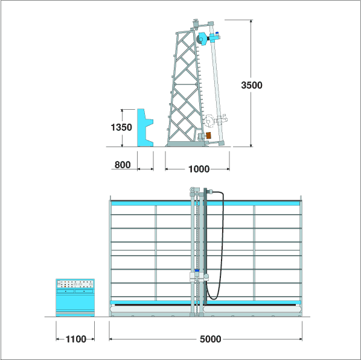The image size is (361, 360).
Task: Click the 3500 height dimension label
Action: (252, 85)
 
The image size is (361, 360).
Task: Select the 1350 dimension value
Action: (121, 127)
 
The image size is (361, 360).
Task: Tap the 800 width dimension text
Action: (123, 165)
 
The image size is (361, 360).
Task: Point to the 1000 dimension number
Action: (199, 169)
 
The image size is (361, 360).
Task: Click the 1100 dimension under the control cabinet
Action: (75, 339)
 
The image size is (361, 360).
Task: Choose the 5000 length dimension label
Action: (211, 339)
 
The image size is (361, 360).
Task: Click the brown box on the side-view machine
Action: (209, 135)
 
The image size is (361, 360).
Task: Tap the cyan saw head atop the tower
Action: (203, 39)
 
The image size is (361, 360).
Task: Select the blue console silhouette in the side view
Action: (145, 128)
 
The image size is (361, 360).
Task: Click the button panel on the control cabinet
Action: (75, 284)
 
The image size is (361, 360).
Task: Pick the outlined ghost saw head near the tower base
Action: (216, 121)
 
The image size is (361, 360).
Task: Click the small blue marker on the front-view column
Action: (197, 271)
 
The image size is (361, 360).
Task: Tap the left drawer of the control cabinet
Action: (66, 291)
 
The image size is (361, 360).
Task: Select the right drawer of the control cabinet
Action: (84, 291)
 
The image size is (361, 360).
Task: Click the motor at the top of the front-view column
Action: (194, 189)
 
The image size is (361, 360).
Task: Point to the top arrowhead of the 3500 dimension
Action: (251, 21)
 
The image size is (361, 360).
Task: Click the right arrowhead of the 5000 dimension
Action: (300, 339)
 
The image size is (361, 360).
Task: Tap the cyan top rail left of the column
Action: (152, 203)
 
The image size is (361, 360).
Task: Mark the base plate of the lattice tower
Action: (186, 144)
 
